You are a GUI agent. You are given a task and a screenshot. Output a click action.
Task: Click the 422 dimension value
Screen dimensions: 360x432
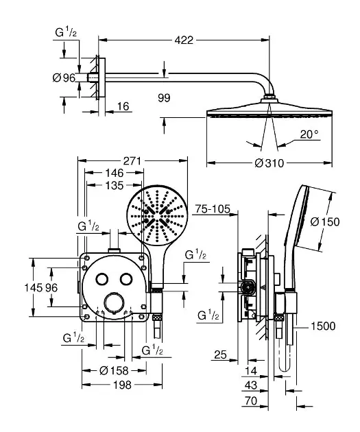point(184,40)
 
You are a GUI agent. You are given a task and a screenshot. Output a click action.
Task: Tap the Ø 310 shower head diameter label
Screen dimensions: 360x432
point(269,163)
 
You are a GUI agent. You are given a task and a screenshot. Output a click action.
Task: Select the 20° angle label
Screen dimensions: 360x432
point(309,134)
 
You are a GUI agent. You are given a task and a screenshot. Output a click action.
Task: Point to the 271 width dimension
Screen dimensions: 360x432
point(132,161)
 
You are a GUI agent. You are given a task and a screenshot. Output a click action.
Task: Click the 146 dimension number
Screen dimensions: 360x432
point(115,173)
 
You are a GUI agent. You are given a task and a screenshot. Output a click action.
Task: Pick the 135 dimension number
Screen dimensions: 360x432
point(115,185)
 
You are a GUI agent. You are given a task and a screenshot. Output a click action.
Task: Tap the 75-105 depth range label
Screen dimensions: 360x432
point(213,209)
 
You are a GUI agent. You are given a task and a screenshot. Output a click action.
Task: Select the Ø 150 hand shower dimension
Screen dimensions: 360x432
point(325,221)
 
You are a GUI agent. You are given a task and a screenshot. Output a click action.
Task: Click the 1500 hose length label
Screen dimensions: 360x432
point(323,326)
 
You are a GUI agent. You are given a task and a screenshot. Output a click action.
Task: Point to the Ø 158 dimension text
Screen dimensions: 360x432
point(114,371)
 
